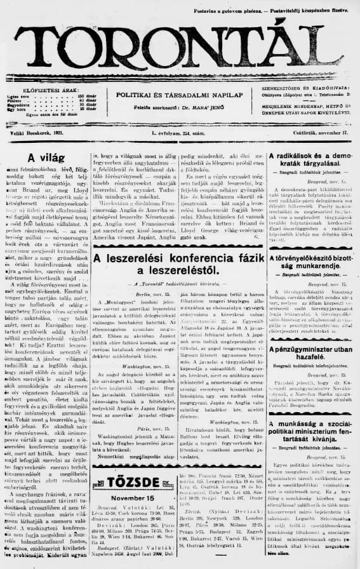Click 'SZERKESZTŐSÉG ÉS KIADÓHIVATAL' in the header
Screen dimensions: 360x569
[x=295, y=89]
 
